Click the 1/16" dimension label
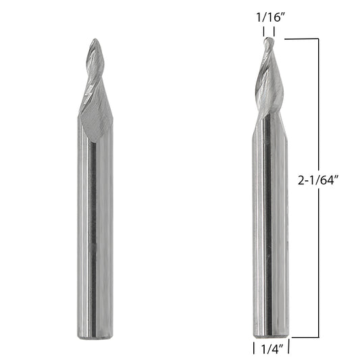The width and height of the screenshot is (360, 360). click(270, 18)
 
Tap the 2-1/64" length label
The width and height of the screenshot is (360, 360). click(319, 180)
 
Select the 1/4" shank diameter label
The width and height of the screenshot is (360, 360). click(272, 350)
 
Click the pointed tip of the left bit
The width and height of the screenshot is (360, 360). click(95, 39)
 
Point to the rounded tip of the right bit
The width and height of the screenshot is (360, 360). click(269, 38)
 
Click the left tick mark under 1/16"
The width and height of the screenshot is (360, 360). click(263, 32)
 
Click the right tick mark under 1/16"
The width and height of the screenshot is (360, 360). click(274, 32)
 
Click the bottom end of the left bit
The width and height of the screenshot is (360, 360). click(95, 338)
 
